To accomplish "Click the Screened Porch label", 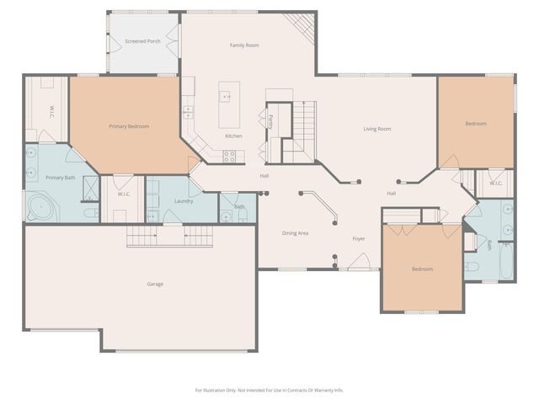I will (x=142, y=41).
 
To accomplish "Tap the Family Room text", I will (x=244, y=45).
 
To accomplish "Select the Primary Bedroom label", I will (x=129, y=126).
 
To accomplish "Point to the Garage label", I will (x=155, y=284).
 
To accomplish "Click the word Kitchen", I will (x=233, y=136).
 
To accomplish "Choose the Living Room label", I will (x=376, y=129).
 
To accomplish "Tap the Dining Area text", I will (x=294, y=232).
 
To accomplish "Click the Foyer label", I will (x=359, y=239).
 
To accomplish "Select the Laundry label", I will (x=184, y=201).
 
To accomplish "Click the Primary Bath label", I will (x=60, y=178).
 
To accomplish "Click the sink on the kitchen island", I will (x=227, y=96).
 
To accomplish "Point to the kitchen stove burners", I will (x=229, y=154).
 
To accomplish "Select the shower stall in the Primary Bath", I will (x=89, y=189).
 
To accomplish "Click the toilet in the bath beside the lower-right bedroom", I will (x=472, y=267).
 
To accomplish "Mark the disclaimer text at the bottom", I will (x=269, y=390).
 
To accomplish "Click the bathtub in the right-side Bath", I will (x=505, y=262).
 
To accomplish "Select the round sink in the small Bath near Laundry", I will (x=226, y=215).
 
